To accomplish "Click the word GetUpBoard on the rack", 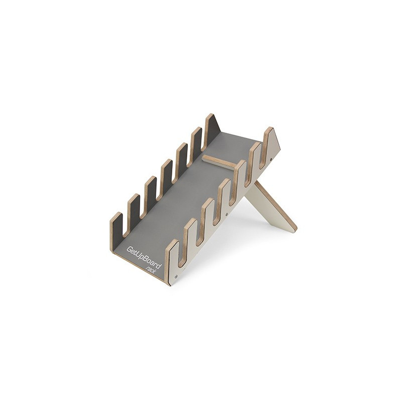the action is pos(145,258).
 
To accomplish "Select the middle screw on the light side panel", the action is pos(226,213).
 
